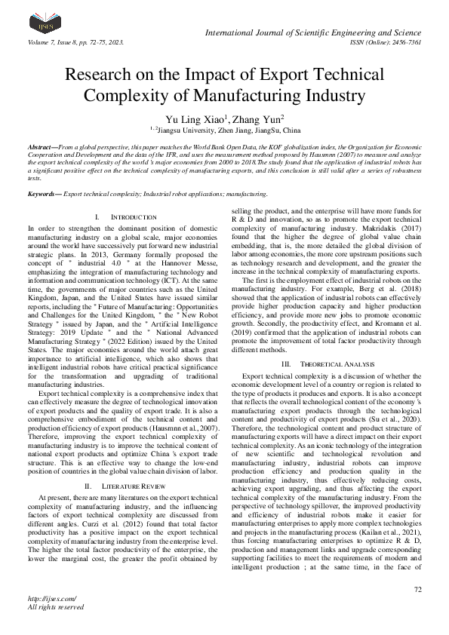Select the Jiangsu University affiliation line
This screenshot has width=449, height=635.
pos(223,130)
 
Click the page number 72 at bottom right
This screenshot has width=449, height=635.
pos(417,588)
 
